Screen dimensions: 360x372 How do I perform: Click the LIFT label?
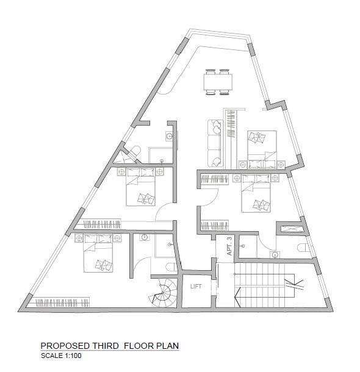click(x=196, y=287)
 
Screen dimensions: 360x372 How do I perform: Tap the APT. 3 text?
click(x=229, y=246)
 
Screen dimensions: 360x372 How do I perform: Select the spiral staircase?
click(x=164, y=293)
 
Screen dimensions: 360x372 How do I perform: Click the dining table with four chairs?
click(x=218, y=82)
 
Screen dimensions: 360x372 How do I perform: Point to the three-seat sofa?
click(x=215, y=143)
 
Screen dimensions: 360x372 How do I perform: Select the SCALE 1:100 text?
click(x=61, y=356)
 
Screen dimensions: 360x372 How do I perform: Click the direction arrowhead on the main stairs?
click(x=238, y=297)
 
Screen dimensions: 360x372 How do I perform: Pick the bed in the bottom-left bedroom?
click(x=98, y=253)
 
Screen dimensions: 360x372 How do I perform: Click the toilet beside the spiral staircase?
click(x=172, y=267)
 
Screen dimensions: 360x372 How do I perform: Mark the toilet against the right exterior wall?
click(x=303, y=248)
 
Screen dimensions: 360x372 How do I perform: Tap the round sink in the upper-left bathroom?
click(x=169, y=136)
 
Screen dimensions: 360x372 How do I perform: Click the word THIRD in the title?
click(x=106, y=346)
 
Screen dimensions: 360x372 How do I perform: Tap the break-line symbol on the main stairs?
click(x=295, y=284)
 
